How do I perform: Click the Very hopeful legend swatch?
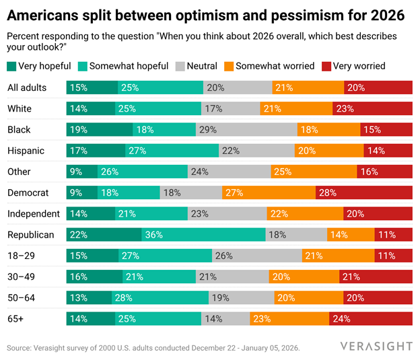11,66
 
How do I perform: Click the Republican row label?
30,234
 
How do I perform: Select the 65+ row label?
15,318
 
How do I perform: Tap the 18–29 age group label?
22,255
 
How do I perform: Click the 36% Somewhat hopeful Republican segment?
203,234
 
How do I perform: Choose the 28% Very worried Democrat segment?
363,192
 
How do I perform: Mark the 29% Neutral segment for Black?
246,129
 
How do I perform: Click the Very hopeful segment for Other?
81,171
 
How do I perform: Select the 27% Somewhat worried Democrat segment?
269,192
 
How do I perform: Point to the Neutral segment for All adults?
238,87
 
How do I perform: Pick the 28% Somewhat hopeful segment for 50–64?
160,297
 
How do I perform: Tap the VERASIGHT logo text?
376,346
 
